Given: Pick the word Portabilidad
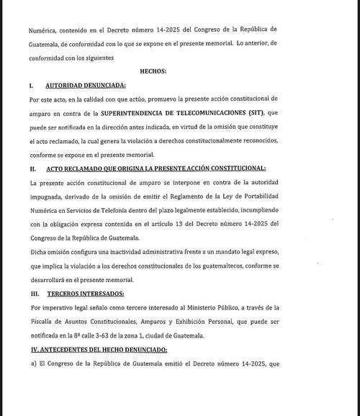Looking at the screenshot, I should [x=310, y=199].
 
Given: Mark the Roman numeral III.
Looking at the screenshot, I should [x=34, y=293].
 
